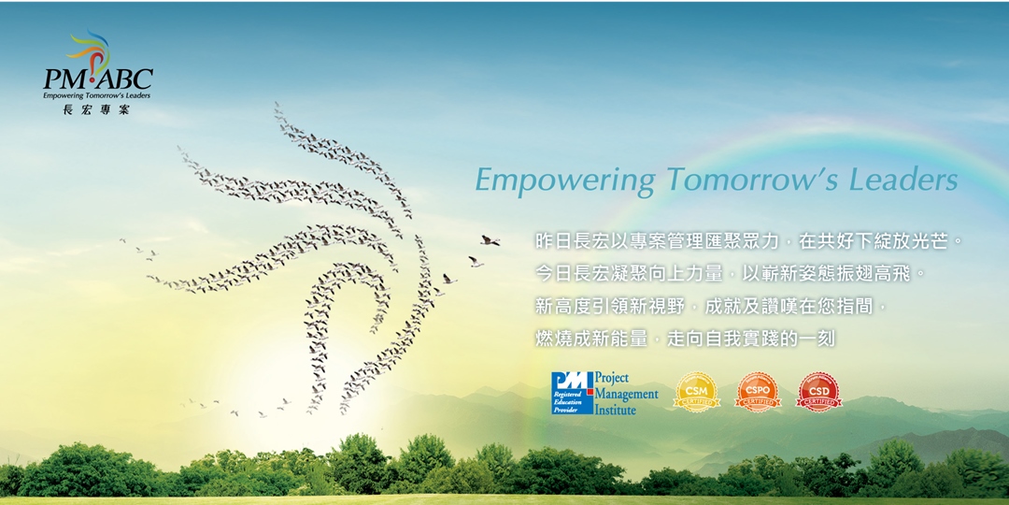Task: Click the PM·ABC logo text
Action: (x=97, y=79)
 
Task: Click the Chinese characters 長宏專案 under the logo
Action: (x=95, y=109)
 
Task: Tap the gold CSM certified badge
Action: (x=696, y=392)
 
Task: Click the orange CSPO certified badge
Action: (x=758, y=392)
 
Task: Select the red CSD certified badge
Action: (x=818, y=392)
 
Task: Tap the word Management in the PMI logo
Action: (x=626, y=394)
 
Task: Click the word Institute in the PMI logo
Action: (x=616, y=410)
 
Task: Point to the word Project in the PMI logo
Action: (x=612, y=379)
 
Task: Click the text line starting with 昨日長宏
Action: (x=747, y=241)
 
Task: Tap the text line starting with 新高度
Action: (x=710, y=306)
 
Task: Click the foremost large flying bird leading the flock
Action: (x=490, y=240)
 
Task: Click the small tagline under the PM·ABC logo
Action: (x=96, y=95)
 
